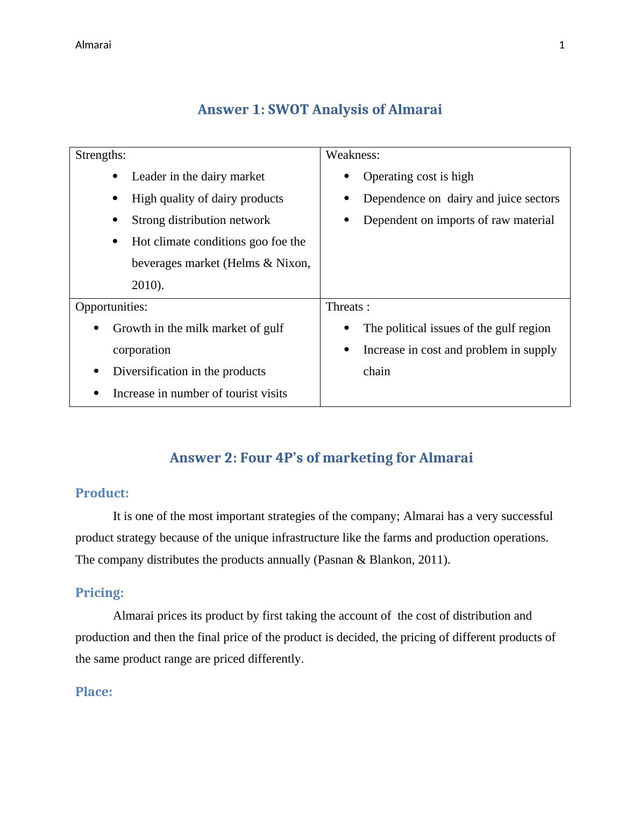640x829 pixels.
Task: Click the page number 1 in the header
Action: pyautogui.click(x=562, y=45)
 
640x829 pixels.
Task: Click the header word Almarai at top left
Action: pyautogui.click(x=93, y=45)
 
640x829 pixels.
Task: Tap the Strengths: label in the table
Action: pyautogui.click(x=101, y=156)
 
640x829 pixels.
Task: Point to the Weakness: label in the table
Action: pyautogui.click(x=353, y=156)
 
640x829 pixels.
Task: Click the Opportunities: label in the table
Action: pyautogui.click(x=111, y=307)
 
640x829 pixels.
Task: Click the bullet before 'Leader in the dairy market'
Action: pyautogui.click(x=116, y=177)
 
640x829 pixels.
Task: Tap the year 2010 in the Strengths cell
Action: pyautogui.click(x=146, y=285)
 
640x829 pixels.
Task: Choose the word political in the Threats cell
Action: pyautogui.click(x=409, y=328)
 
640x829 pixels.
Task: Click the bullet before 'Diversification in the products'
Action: pyautogui.click(x=96, y=371)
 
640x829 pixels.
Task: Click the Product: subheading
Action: pyautogui.click(x=102, y=493)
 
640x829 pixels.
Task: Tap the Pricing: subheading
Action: pyautogui.click(x=99, y=593)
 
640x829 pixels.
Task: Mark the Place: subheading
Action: pyautogui.click(x=94, y=692)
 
